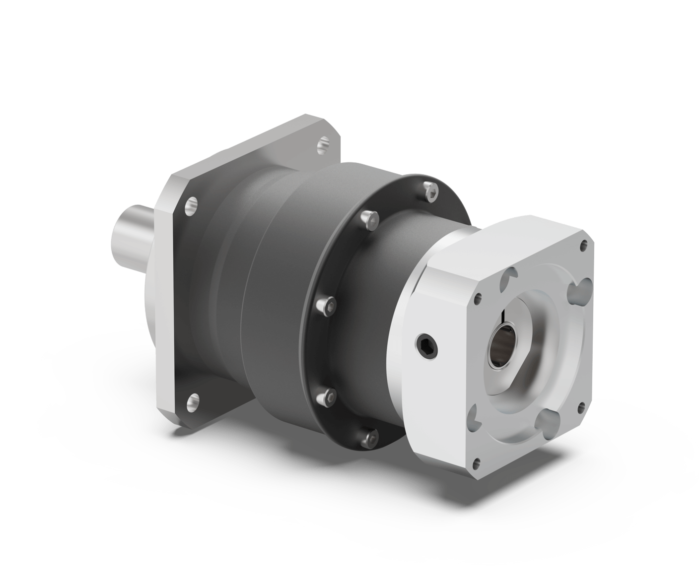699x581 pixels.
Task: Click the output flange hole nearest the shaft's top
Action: pyautogui.click(x=191, y=204)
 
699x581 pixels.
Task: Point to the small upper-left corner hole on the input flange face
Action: pyautogui.click(x=478, y=299)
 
